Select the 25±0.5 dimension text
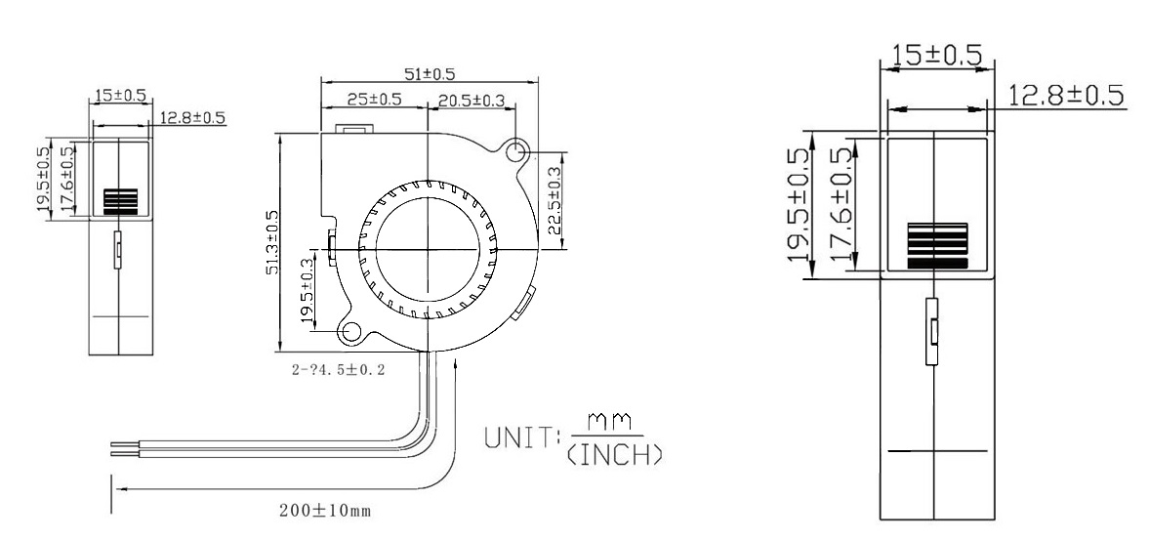click(x=375, y=99)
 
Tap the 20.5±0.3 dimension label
click(x=472, y=99)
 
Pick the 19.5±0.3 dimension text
click(x=308, y=290)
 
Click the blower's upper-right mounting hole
click(x=517, y=150)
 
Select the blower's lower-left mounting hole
click(x=350, y=332)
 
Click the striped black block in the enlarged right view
click(x=936, y=244)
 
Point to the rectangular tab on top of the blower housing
click(x=352, y=129)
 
